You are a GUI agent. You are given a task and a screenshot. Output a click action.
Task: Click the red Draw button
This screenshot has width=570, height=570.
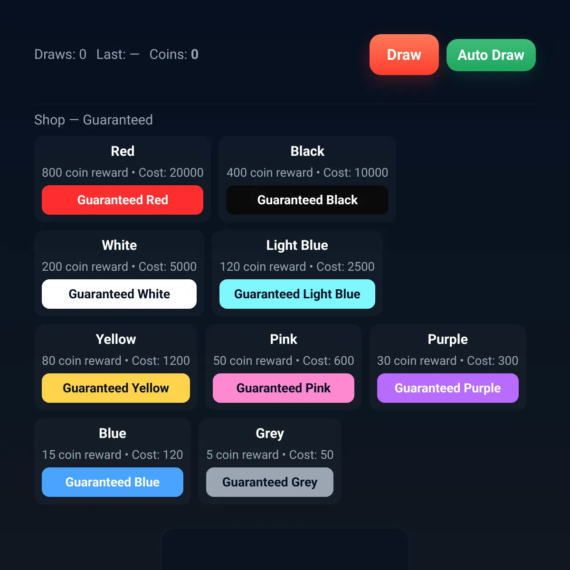(x=404, y=55)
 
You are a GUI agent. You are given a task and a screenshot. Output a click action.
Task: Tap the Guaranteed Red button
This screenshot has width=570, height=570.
(x=123, y=200)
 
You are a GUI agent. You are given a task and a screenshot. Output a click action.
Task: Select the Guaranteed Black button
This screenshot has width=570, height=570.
(x=307, y=200)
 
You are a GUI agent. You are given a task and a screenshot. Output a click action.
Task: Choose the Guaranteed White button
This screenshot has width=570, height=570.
(x=119, y=294)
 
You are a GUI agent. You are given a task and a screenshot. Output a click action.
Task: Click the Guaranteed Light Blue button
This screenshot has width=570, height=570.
(x=297, y=294)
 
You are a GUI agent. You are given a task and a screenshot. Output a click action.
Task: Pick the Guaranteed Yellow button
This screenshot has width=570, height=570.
(x=116, y=388)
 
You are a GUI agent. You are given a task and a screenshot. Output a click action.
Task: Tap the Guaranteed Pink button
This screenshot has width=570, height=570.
(x=284, y=388)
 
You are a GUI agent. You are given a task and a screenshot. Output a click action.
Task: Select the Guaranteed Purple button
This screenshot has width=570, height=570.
(x=448, y=388)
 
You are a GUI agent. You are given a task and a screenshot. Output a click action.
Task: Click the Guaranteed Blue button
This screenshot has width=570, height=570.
(x=113, y=482)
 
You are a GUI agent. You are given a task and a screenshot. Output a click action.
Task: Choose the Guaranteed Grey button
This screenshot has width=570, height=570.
(x=270, y=482)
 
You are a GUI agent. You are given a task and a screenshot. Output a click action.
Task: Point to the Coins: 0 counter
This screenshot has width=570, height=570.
(x=174, y=55)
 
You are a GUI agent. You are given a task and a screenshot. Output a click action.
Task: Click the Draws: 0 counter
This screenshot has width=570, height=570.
(x=60, y=55)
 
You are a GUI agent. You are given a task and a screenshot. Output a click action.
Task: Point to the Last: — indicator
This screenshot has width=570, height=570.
(x=118, y=55)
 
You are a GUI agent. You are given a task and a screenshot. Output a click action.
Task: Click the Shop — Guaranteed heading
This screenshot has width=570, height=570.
(x=94, y=120)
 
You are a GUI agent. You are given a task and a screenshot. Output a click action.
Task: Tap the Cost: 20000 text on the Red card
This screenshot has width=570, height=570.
(x=171, y=173)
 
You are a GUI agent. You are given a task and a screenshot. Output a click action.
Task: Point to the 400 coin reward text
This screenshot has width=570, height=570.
(x=270, y=173)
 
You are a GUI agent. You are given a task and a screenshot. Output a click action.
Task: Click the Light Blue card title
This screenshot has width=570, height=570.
(x=297, y=246)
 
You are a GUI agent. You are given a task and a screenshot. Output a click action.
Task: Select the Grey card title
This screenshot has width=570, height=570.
(x=270, y=434)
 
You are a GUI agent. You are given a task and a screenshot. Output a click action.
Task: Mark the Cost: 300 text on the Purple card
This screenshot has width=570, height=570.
(x=493, y=361)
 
